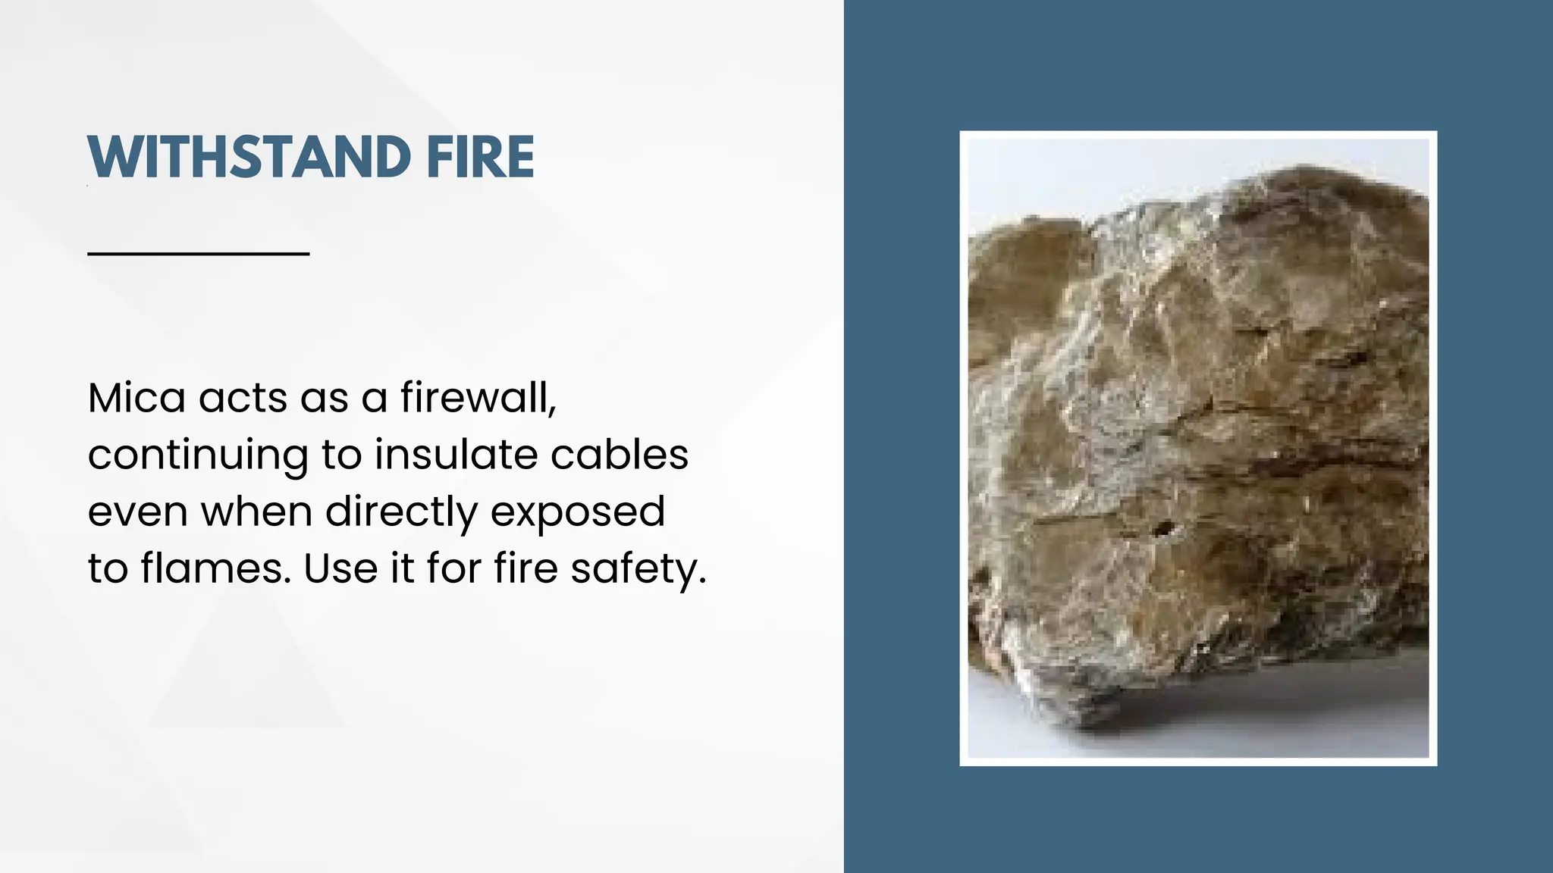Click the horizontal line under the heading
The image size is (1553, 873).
coord(199,253)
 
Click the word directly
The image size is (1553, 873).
coord(401,512)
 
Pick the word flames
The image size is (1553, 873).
coord(215,568)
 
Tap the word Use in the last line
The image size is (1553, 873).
coord(340,568)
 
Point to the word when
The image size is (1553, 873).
coord(256,511)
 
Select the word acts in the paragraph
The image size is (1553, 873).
coord(243,398)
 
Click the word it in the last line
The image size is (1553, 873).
coord(402,568)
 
